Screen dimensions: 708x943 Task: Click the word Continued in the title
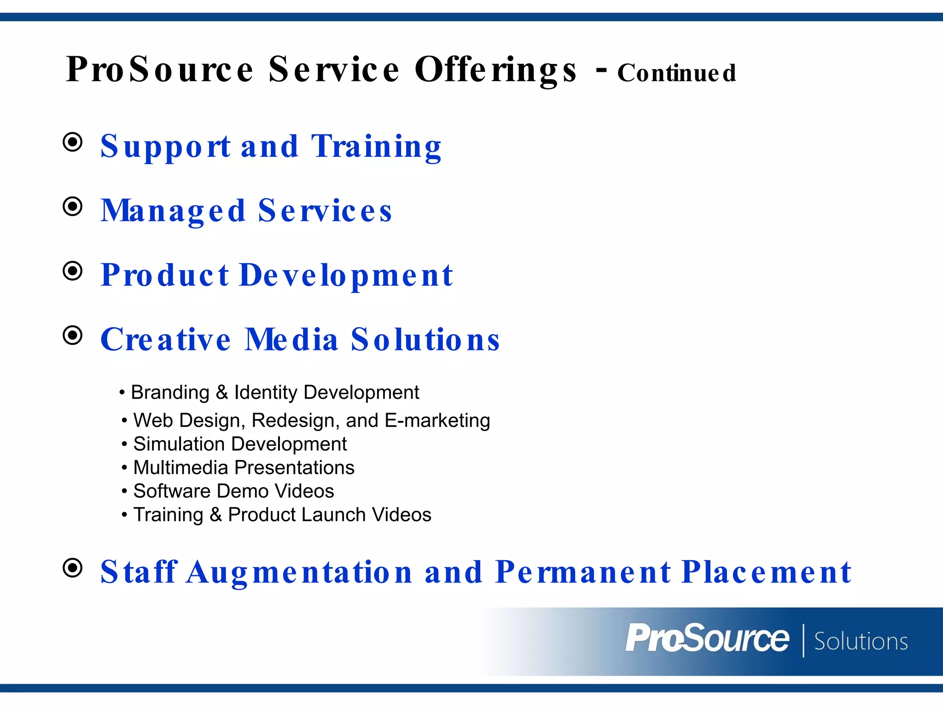pos(676,73)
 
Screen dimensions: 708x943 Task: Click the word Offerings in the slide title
pos(495,70)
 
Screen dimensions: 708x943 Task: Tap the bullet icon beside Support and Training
pos(73,142)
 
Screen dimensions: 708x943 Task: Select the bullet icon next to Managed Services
pos(73,206)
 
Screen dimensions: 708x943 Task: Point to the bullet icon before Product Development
pos(73,271)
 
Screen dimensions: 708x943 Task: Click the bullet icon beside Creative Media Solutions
pos(73,335)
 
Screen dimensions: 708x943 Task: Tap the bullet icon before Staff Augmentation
pos(73,568)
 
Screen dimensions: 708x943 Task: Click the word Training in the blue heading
pos(376,147)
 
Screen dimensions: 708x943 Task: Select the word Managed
pos(173,211)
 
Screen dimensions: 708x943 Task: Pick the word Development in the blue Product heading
pos(346,276)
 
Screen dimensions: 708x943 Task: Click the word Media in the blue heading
pos(291,340)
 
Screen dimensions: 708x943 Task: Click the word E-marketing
pos(437,420)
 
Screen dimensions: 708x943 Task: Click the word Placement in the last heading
pos(766,572)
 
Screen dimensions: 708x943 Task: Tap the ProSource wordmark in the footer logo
pos(707,639)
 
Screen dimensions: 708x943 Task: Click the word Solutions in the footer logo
pos(861,642)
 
